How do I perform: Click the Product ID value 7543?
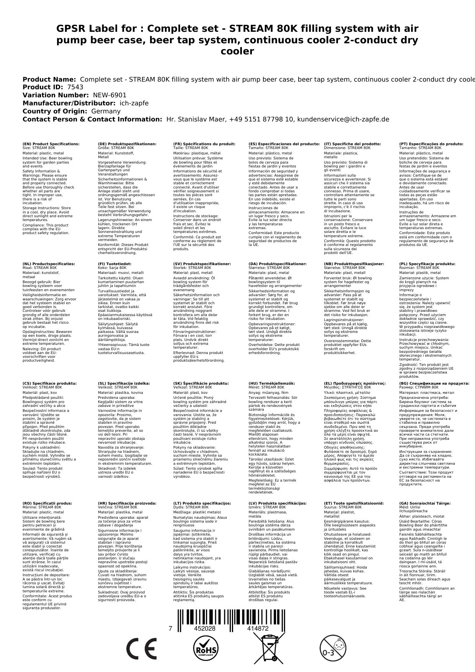coord(75,87)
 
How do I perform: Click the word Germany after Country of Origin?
coord(106,111)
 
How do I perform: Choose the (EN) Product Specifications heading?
coord(51,144)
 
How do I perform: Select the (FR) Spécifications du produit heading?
coord(204,144)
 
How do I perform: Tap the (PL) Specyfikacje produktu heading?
coord(427,264)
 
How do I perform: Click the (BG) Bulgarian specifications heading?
coord(434,383)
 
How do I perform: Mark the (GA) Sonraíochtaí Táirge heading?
coord(425,503)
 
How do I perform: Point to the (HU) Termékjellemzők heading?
coord(272,383)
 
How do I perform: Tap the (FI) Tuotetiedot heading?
coord(114,264)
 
